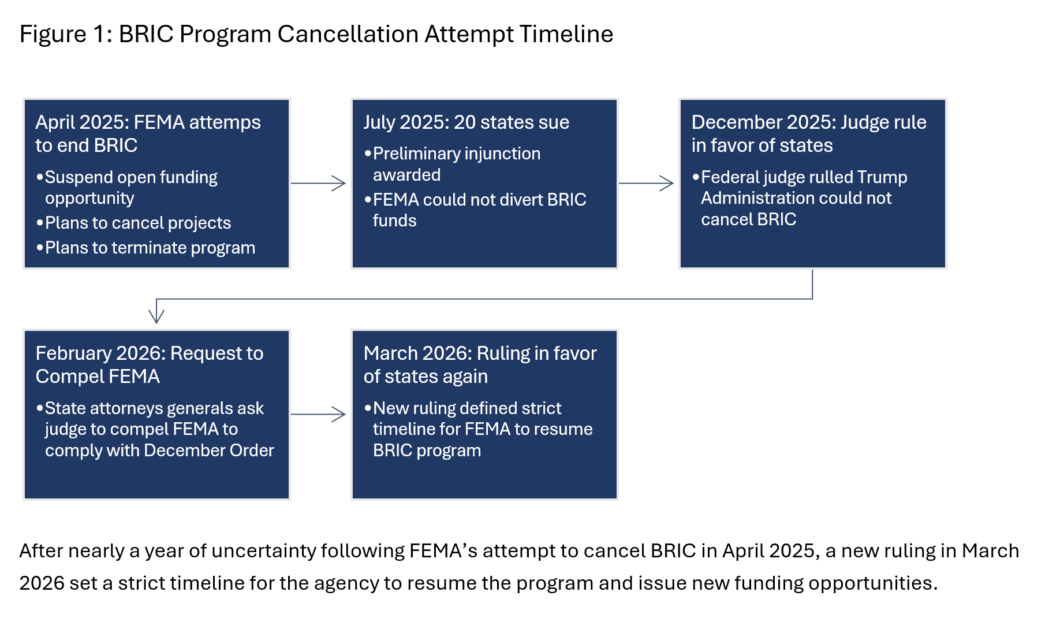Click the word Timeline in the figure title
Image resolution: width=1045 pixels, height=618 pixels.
coord(566,34)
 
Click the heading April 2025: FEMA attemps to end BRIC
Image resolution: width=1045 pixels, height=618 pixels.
coord(148,133)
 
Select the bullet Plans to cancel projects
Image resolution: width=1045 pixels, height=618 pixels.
coord(133,223)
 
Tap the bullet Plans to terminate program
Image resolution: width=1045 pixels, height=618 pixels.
coord(145,248)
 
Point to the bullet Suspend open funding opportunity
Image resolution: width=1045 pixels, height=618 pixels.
coord(127,188)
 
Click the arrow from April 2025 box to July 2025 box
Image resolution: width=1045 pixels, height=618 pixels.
coord(318,183)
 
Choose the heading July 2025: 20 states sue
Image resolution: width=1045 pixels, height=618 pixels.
coord(466,122)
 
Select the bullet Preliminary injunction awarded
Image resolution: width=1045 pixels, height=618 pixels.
coord(453,164)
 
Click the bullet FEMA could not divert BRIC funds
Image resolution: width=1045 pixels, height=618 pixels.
coord(475,210)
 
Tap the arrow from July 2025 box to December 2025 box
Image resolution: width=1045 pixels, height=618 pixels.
coord(646,183)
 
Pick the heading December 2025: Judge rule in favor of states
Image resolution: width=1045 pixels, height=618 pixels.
coord(809,133)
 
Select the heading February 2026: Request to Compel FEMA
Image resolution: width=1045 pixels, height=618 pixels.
coord(150,364)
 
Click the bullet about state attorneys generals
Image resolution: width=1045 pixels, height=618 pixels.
coord(155,429)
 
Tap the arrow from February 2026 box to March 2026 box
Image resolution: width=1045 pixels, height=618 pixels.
coord(318,414)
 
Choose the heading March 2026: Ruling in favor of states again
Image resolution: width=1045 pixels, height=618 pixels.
coord(480,364)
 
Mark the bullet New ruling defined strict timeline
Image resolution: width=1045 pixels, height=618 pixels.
coord(479,429)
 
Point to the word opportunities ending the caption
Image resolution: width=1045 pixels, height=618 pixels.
coord(872,583)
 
